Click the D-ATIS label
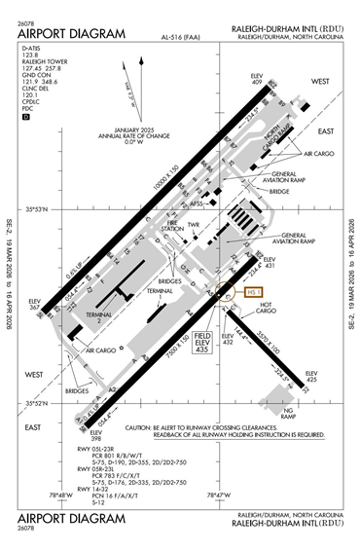pos(30,47)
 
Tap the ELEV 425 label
pos(311,378)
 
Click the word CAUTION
pos(142,426)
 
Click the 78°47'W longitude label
pos(218,496)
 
